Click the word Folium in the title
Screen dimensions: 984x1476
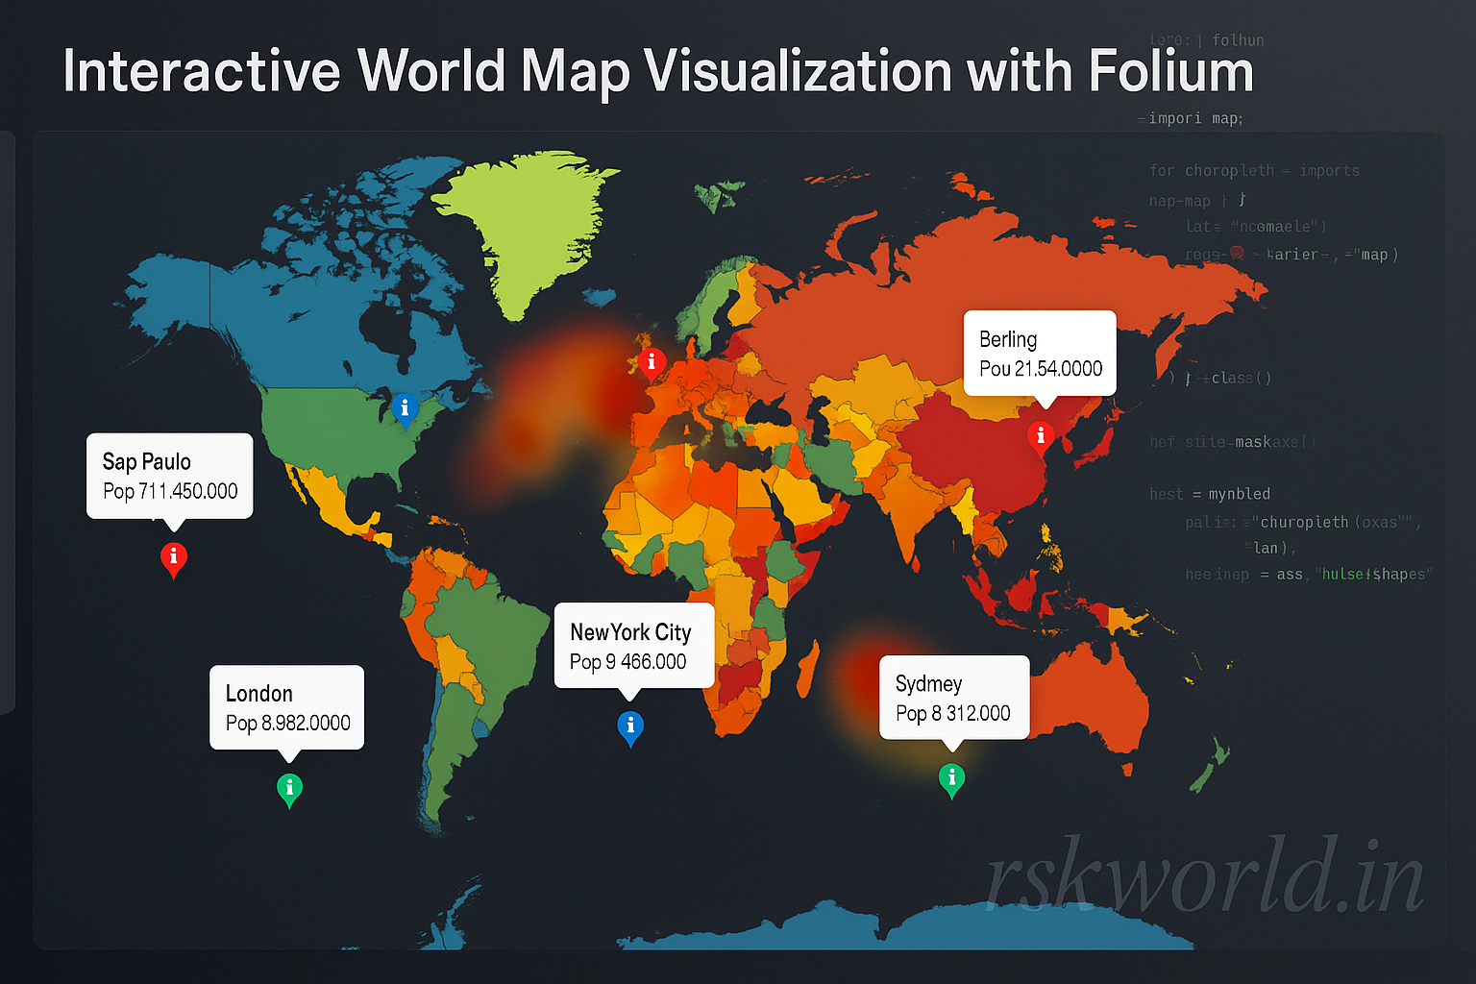click(1170, 71)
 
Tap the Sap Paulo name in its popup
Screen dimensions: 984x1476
click(146, 462)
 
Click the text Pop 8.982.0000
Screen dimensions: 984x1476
click(287, 723)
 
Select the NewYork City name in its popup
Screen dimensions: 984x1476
click(630, 632)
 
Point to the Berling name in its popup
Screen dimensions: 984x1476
click(1007, 339)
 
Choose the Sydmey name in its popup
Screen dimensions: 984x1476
click(928, 683)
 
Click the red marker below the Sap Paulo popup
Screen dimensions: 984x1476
click(173, 558)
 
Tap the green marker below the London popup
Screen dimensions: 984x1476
click(289, 789)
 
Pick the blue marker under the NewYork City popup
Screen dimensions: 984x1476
click(630, 727)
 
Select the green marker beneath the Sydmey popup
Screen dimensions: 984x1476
click(951, 778)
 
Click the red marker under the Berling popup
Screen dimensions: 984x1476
click(1040, 437)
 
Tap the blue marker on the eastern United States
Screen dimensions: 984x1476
click(405, 408)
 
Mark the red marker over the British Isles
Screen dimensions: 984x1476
click(652, 363)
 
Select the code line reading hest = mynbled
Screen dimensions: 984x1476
click(1210, 494)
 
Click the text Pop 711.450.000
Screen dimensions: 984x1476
click(170, 491)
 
